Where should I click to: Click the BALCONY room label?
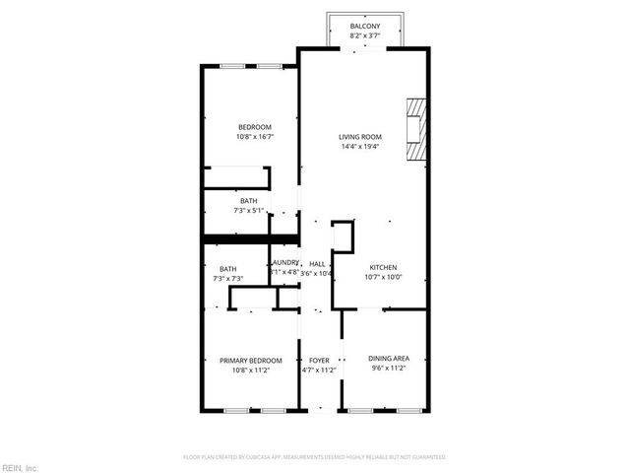click(364, 27)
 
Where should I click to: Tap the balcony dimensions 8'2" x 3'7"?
click(364, 36)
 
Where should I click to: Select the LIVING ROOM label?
click(359, 136)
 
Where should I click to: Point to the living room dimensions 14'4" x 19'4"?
click(359, 147)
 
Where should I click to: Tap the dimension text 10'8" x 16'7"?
click(254, 137)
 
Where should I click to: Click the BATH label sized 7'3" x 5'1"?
click(248, 201)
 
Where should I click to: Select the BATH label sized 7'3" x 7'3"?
click(227, 269)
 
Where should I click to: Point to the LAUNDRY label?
click(284, 262)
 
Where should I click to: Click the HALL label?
click(317, 264)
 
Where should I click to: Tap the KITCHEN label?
click(383, 268)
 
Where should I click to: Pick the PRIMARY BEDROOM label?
click(250, 360)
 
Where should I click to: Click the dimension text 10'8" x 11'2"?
click(250, 371)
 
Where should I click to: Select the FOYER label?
click(319, 360)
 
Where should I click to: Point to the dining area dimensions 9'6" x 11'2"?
click(387, 368)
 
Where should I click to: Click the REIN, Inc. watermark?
click(20, 467)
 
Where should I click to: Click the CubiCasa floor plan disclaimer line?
click(315, 457)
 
